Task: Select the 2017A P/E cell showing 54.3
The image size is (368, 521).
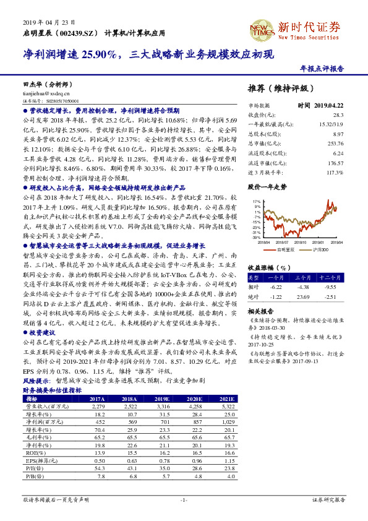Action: pyautogui.click(x=100, y=468)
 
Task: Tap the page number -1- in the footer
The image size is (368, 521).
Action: pyautogui.click(x=184, y=499)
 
